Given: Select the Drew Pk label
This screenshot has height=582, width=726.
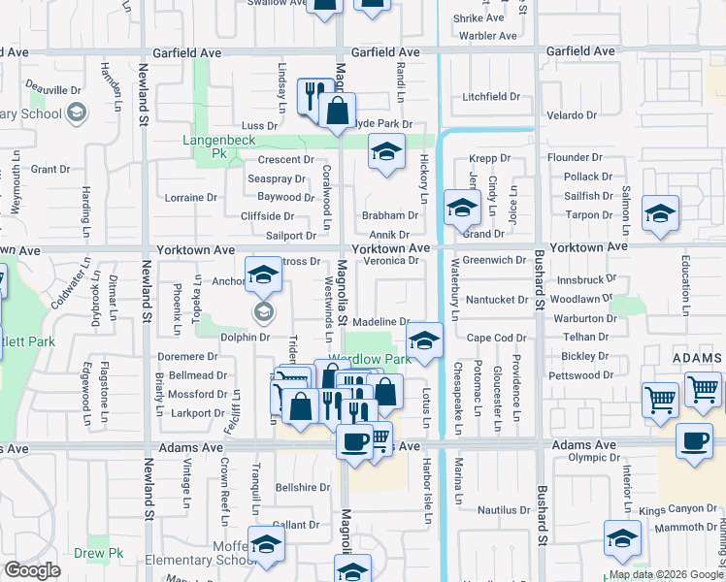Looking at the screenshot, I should pyautogui.click(x=92, y=554).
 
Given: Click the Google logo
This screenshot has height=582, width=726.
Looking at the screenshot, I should pyautogui.click(x=33, y=570).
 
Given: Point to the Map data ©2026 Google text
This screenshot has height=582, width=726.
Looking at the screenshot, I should pyautogui.click(x=665, y=574).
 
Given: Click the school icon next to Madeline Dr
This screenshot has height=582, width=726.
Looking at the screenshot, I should pyautogui.click(x=422, y=340).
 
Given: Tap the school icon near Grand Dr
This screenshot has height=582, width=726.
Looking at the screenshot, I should pyautogui.click(x=462, y=208).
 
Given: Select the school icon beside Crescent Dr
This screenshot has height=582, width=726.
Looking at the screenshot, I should pyautogui.click(x=386, y=153).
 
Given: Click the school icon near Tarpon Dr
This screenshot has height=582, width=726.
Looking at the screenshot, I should pyautogui.click(x=660, y=214).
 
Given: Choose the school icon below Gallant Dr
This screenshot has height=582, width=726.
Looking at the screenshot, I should pyautogui.click(x=265, y=545).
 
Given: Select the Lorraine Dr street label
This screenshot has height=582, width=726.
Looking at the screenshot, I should pyautogui.click(x=191, y=197).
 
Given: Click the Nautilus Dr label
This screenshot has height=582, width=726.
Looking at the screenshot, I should pyautogui.click(x=504, y=509).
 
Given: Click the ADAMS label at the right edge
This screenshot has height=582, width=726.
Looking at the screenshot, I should pyautogui.click(x=697, y=359).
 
